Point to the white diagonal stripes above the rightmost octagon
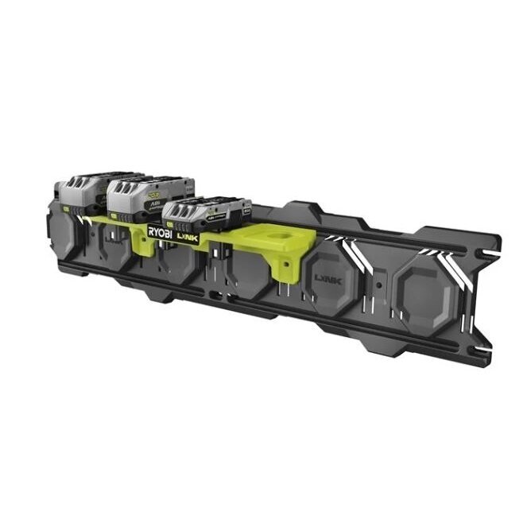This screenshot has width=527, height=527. point(433,253)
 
